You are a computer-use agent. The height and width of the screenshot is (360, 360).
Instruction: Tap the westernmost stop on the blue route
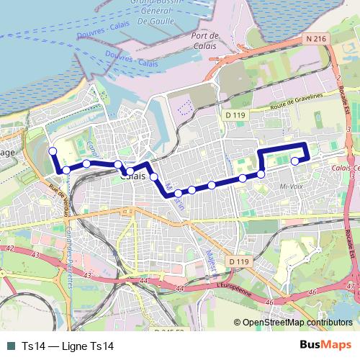click(52, 150)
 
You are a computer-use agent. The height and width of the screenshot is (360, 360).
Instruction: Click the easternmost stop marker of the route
click(294, 161)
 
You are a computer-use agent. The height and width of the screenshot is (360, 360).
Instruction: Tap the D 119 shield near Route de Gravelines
click(235, 115)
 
